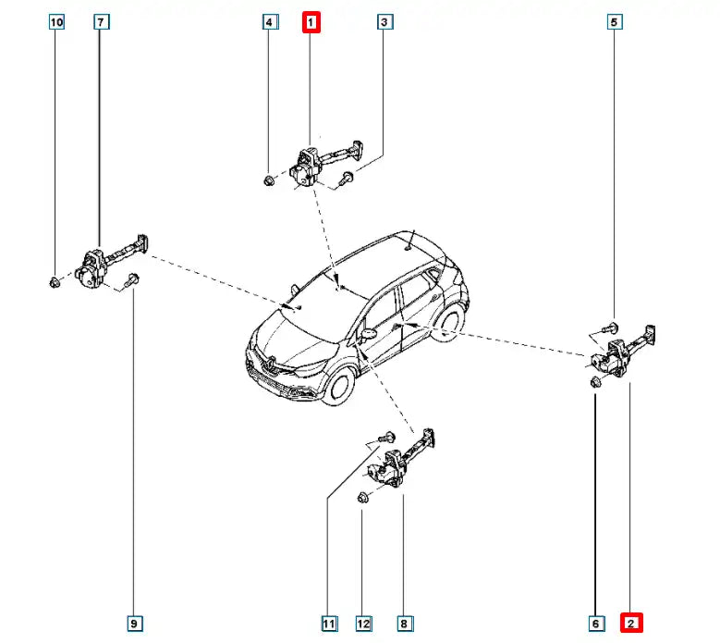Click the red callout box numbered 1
(x=311, y=22)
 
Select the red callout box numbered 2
(x=631, y=624)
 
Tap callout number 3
(x=384, y=22)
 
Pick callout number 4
(x=270, y=22)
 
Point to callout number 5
(x=615, y=22)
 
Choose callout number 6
(x=595, y=624)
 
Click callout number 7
(x=101, y=22)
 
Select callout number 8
(x=404, y=624)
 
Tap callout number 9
(x=134, y=624)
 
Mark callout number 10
(x=56, y=22)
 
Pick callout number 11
(x=329, y=624)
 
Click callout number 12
(x=363, y=624)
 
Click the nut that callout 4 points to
(x=270, y=179)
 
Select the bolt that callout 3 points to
(x=347, y=179)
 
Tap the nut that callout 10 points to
(x=55, y=282)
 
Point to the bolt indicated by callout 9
(x=131, y=280)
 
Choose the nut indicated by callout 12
(x=363, y=498)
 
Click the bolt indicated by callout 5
(x=610, y=328)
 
